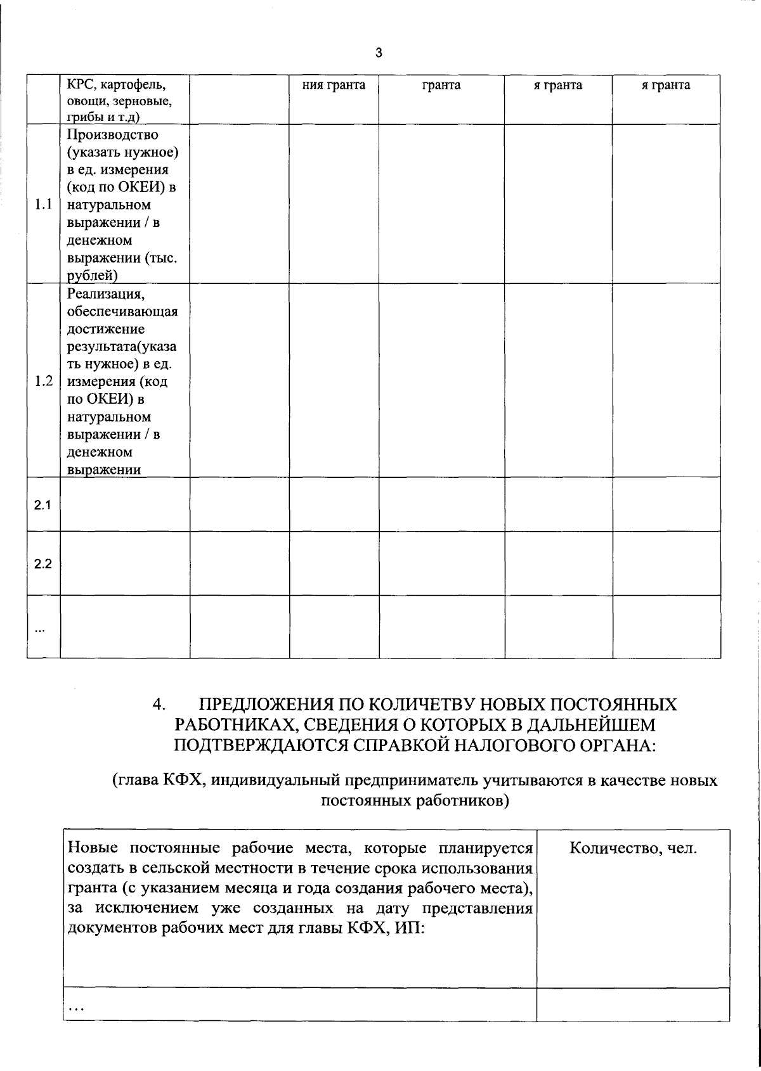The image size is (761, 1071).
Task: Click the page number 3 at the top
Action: [379, 53]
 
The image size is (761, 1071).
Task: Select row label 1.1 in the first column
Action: [43, 205]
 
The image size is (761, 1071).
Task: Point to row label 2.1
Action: [42, 505]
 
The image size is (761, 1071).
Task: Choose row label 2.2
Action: [42, 564]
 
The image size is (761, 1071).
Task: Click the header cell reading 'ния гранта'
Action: [334, 85]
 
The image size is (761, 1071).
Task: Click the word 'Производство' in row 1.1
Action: [112, 134]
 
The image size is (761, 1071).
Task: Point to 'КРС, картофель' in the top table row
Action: [115, 85]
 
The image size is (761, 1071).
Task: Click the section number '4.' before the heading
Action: [159, 705]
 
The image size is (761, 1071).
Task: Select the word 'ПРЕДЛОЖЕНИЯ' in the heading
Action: [266, 705]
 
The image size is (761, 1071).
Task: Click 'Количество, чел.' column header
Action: [633, 848]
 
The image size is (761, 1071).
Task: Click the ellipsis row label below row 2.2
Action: [40, 630]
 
